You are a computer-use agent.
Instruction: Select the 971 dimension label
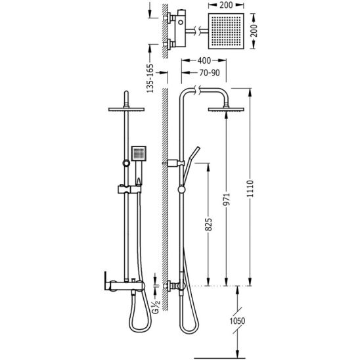(x=227, y=199)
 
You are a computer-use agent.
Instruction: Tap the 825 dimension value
(x=208, y=224)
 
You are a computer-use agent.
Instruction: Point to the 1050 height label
(x=237, y=321)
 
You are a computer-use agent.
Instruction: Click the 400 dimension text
(x=204, y=60)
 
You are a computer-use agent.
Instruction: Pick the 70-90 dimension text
(x=210, y=73)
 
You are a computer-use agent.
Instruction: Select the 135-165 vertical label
(x=150, y=79)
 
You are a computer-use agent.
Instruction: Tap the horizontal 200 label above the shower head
(x=226, y=5)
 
